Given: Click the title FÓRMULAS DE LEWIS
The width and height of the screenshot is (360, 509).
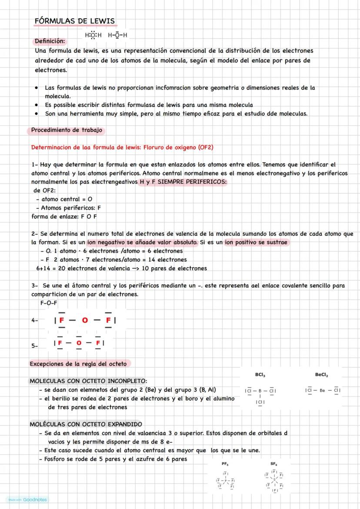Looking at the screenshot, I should click(75, 21).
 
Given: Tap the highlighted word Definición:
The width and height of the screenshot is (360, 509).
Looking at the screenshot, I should click(49, 41).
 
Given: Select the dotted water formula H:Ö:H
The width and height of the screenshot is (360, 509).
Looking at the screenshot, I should click(93, 35).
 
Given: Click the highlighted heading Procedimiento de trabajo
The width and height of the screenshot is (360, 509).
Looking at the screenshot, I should click(67, 130).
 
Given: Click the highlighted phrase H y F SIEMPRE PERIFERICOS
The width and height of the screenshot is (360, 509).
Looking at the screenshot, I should click(182, 182).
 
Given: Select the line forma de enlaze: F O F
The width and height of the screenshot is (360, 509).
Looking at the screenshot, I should click(64, 216).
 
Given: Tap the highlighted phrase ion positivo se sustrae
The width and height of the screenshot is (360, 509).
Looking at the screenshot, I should click(256, 242).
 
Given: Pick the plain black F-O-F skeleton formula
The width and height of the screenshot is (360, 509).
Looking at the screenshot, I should click(49, 303).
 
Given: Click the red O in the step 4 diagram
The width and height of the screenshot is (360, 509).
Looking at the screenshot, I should click(85, 320).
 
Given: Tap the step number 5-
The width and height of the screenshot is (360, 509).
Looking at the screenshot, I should click(35, 346).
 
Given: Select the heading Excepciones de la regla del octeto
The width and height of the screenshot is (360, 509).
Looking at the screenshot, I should click(80, 363).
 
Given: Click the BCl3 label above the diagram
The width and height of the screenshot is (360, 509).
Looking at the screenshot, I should click(260, 375).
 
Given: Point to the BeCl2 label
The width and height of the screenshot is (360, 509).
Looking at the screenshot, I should click(322, 375).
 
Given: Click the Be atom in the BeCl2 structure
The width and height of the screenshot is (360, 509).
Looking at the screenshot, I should click(322, 390).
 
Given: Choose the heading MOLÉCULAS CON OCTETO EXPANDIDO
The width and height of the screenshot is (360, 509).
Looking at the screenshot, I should click(86, 424).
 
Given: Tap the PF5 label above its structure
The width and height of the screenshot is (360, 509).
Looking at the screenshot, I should click(225, 464).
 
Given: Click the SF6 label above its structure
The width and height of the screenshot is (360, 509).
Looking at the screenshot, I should click(273, 464).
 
